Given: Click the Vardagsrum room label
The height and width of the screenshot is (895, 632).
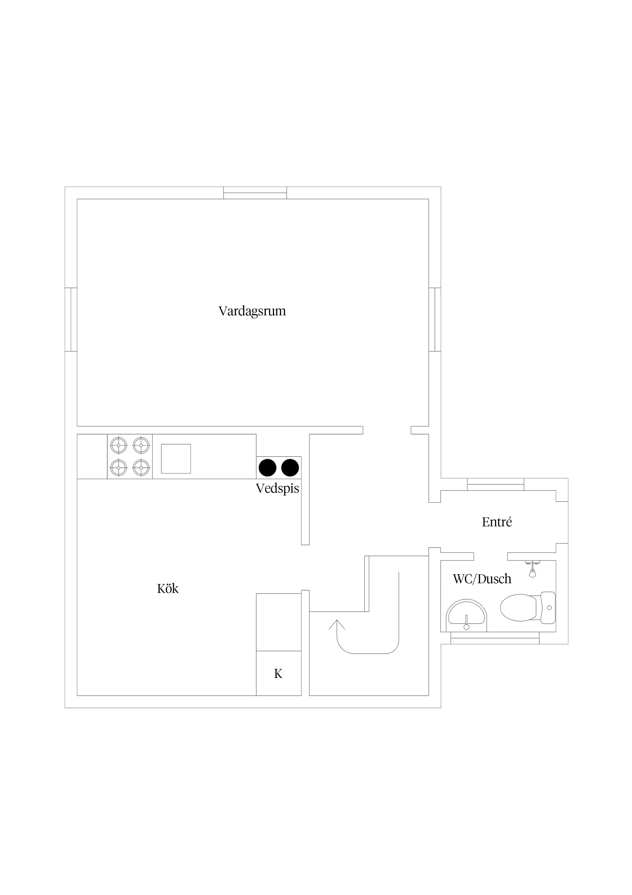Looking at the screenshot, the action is pyautogui.click(x=252, y=311).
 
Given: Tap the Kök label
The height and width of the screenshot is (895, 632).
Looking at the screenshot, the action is pyautogui.click(x=168, y=589).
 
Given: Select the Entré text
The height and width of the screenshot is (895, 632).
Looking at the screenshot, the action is pyautogui.click(x=497, y=522).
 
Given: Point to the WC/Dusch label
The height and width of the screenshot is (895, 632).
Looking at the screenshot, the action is pyautogui.click(x=482, y=579).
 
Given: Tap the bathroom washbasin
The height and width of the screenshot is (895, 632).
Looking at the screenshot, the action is pyautogui.click(x=466, y=616).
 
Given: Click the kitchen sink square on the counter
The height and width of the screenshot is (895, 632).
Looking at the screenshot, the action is pyautogui.click(x=176, y=458).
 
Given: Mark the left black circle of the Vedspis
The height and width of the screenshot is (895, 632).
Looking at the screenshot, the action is pyautogui.click(x=268, y=468).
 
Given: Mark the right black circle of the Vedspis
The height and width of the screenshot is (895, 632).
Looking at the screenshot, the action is pyautogui.click(x=290, y=468).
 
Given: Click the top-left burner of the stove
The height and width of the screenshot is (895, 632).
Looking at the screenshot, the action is pyautogui.click(x=119, y=445).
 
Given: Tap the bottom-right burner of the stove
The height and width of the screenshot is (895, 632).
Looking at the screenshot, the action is pyautogui.click(x=141, y=467).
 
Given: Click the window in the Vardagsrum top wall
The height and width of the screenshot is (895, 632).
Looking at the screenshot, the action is pyautogui.click(x=255, y=193).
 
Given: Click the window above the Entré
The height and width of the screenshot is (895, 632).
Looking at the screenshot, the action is pyautogui.click(x=495, y=484).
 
